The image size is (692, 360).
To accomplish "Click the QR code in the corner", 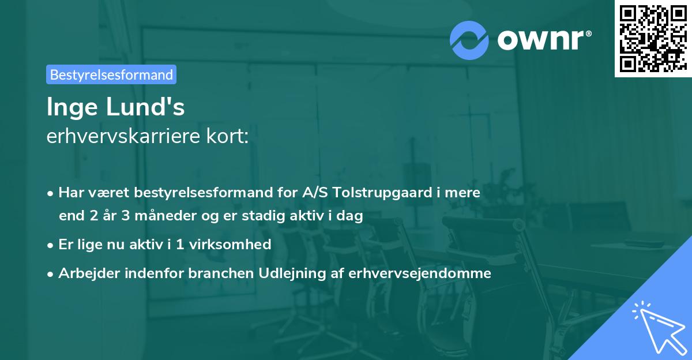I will tap(652, 38).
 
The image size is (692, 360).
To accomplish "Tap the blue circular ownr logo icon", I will tap(469, 40).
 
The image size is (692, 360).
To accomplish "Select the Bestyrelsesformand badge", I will tap(111, 74).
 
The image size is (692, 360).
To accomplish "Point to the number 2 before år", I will tap(93, 216).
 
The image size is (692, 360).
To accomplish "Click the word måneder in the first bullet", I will tap(153, 216).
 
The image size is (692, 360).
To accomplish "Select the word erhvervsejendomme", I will tap(420, 273).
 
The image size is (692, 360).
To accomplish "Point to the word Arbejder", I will tap(85, 273).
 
